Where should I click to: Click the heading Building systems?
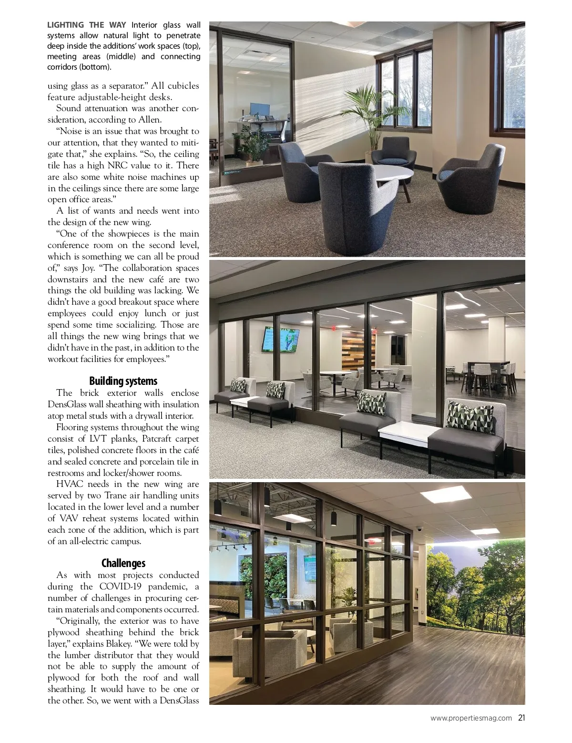[x=123, y=381]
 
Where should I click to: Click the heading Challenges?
[x=123, y=563]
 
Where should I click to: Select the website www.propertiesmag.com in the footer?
[x=471, y=718]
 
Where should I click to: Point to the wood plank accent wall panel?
[x=358, y=350]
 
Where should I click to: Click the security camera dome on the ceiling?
[x=419, y=528]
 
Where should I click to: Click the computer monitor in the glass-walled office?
[x=259, y=109]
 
